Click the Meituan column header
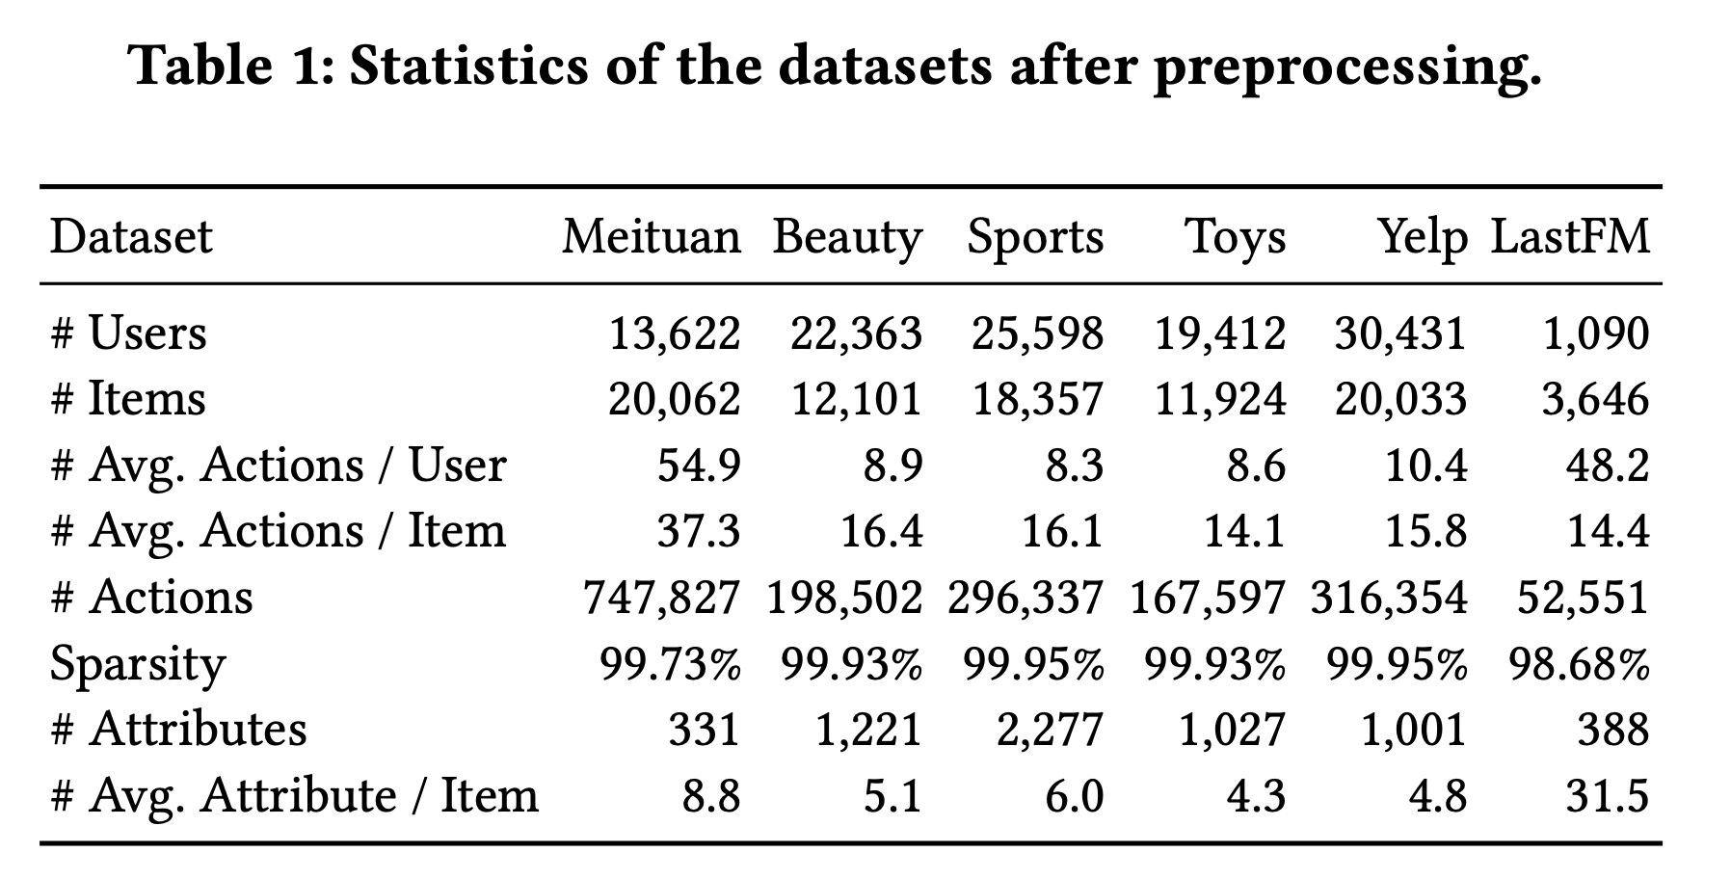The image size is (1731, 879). [652, 237]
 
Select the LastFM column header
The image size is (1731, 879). [1570, 237]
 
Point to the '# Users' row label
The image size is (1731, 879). [128, 333]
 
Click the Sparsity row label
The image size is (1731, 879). [137, 664]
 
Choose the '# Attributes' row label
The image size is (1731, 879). [178, 729]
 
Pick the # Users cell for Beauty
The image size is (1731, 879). [856, 333]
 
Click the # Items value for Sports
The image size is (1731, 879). [1037, 399]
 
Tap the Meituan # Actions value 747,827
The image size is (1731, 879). [661, 598]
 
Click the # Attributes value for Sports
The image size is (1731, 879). [1049, 729]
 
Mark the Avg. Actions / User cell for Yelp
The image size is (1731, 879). [1426, 466]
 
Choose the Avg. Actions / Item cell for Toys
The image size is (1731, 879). [1244, 531]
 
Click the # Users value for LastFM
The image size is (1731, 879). [1595, 333]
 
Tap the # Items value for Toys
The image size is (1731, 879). [1220, 399]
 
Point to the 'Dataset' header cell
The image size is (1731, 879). [131, 237]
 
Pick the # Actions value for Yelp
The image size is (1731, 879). [1388, 598]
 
